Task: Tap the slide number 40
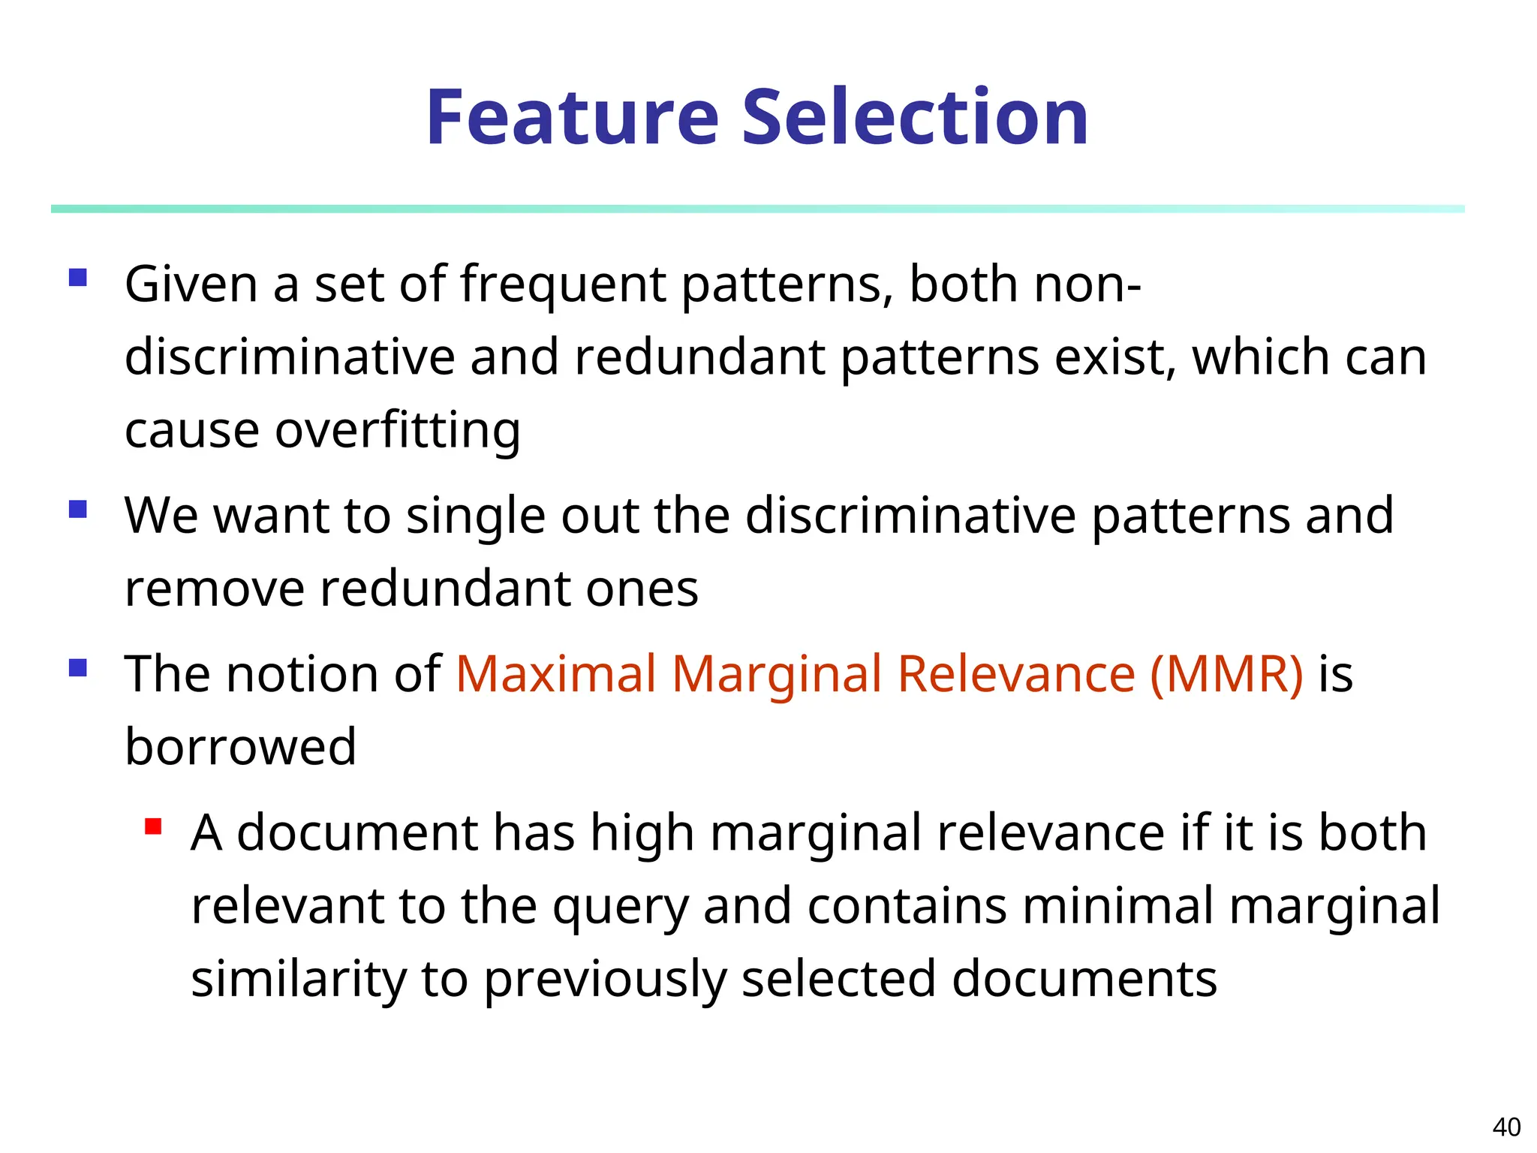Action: pyautogui.click(x=1506, y=1127)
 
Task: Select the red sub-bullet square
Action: pyautogui.click(x=153, y=827)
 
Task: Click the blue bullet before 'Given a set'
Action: pyautogui.click(x=78, y=278)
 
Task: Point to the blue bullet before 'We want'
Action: pyautogui.click(x=78, y=510)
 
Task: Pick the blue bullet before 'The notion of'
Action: pyautogui.click(x=78, y=667)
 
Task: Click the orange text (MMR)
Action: pyautogui.click(x=1226, y=673)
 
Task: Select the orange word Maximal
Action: pyautogui.click(x=556, y=673)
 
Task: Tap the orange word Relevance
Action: pyautogui.click(x=1016, y=673)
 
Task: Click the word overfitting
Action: pyautogui.click(x=397, y=431)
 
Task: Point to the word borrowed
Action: pyautogui.click(x=240, y=746)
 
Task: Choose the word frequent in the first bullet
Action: pyautogui.click(x=563, y=285)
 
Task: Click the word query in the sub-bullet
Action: pyautogui.click(x=620, y=907)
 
